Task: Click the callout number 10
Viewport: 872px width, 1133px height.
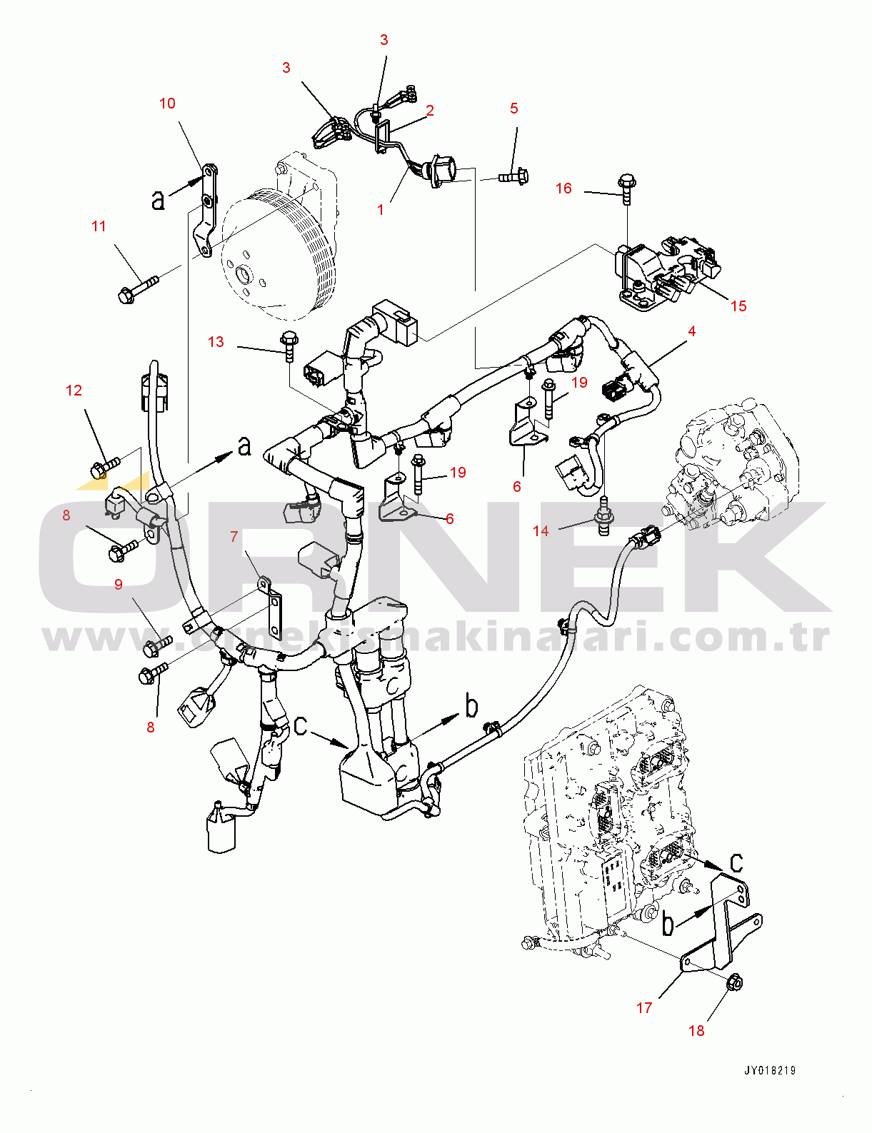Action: tap(167, 104)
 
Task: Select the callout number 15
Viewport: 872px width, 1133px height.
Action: tap(738, 306)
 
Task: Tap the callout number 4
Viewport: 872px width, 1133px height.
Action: tap(691, 331)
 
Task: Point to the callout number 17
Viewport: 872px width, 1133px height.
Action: tap(644, 1007)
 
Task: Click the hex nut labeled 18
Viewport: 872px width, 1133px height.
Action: tap(734, 984)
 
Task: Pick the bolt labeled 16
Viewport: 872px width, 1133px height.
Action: tap(627, 187)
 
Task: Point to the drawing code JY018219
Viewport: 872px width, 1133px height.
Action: tap(770, 1070)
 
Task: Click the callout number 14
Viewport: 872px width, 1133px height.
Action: tap(541, 530)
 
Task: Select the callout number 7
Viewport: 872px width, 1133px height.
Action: tap(234, 536)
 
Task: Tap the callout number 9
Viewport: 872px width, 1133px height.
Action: tap(119, 584)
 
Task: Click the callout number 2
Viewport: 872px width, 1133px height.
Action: tap(430, 110)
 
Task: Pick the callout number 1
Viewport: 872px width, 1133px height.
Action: tap(381, 209)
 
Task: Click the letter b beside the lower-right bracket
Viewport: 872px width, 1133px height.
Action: tap(668, 923)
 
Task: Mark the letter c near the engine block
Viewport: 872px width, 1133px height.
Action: tap(736, 862)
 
